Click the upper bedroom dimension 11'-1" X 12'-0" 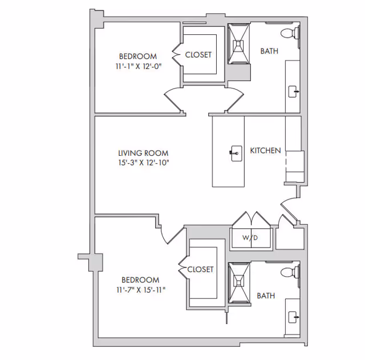[x=137, y=66]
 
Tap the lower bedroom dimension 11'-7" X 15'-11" [x=140, y=289]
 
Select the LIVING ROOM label [x=143, y=153]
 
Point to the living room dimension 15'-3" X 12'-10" [x=143, y=163]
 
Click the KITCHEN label [x=265, y=151]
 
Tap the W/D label [x=250, y=237]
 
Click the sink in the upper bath [x=294, y=91]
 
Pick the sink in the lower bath [x=294, y=315]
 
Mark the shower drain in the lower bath [x=239, y=281]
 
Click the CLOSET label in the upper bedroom [x=198, y=55]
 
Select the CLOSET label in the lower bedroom [x=200, y=269]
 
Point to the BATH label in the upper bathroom [x=269, y=51]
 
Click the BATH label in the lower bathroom [x=266, y=296]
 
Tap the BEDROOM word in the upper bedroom [x=137, y=56]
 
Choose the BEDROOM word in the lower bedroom [x=140, y=280]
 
